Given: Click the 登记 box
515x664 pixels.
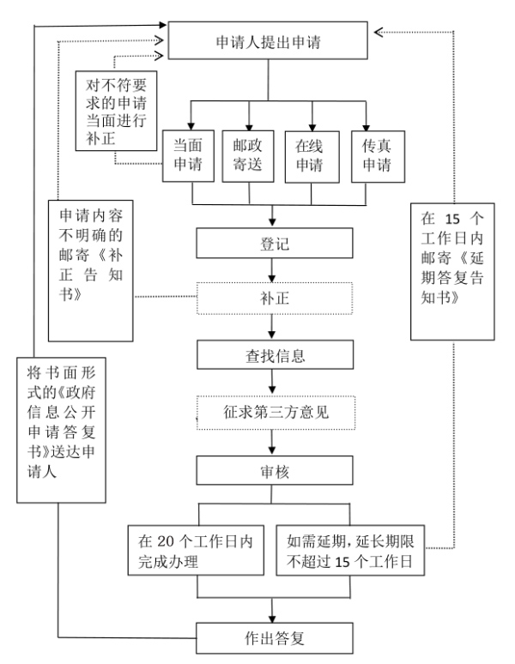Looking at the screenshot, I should coord(274,243).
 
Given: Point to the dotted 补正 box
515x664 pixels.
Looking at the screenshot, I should coord(274,299).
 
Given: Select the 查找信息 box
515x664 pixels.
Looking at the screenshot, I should coord(274,353).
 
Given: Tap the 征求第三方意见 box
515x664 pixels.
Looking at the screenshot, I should coord(274,412).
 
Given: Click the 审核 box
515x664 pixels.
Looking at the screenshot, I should coord(274,469).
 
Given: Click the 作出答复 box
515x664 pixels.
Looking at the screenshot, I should coord(274,637).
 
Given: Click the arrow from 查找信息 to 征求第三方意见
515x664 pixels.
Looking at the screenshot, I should coord(274,383).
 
